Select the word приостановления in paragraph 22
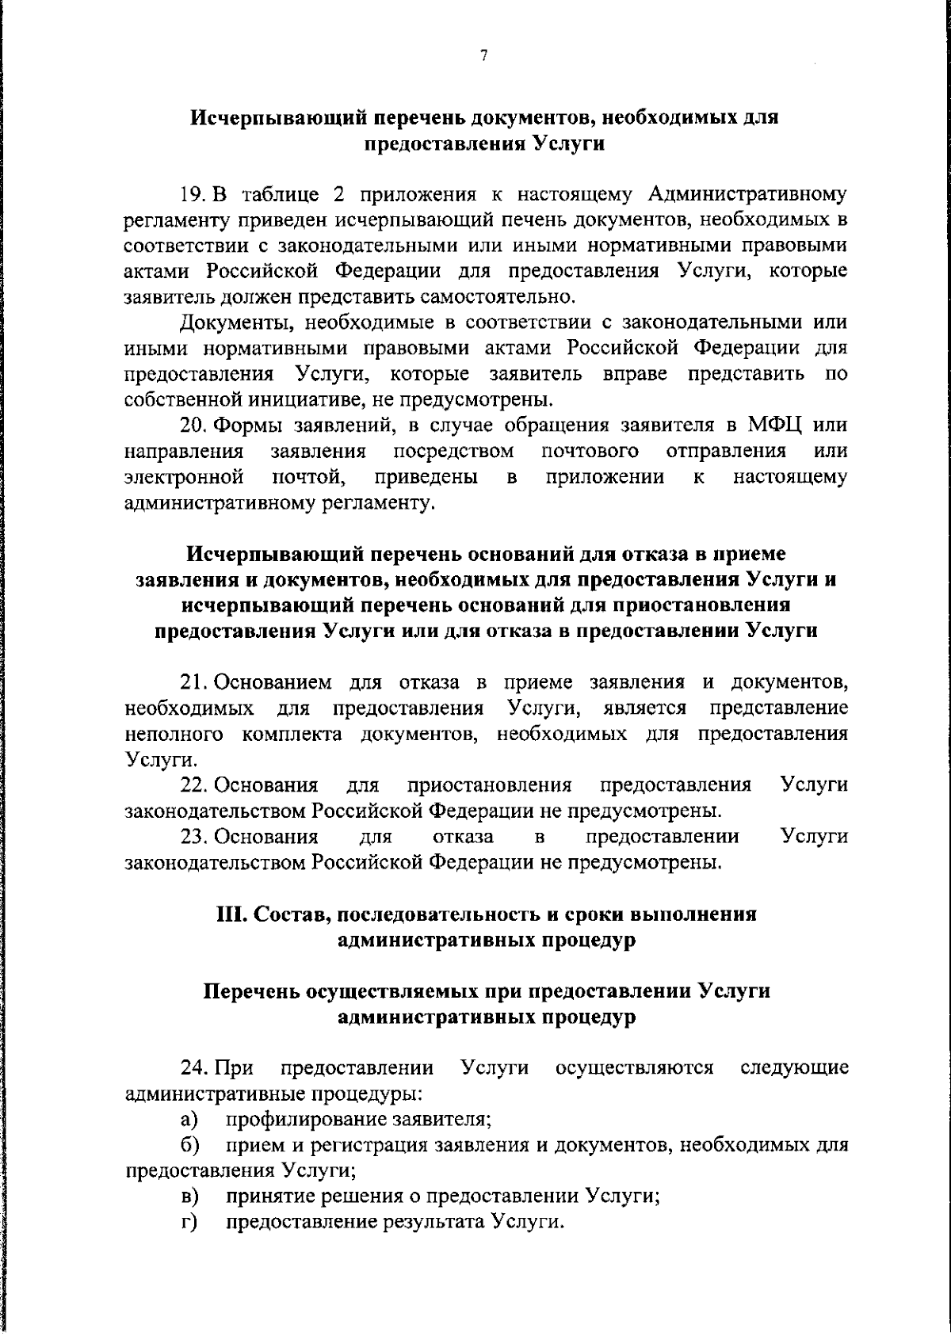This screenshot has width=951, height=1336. (x=489, y=785)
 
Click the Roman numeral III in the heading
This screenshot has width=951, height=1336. (x=232, y=914)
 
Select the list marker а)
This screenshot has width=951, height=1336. (x=189, y=1120)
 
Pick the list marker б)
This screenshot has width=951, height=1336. (x=189, y=1145)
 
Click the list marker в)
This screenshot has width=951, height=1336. (x=189, y=1197)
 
